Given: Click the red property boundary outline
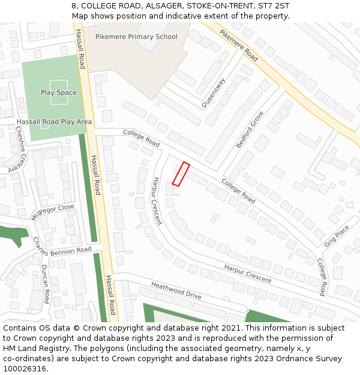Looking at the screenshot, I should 181,174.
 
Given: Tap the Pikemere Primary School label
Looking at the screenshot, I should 136,37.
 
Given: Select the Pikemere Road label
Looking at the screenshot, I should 238,45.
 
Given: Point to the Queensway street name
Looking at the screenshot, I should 214,92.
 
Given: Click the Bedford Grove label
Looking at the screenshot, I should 250,129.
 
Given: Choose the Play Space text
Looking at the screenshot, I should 59,92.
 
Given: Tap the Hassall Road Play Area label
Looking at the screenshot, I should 54,122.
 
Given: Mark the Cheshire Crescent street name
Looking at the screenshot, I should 20,151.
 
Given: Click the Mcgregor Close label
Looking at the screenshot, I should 53,212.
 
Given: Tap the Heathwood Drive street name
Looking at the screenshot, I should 176,290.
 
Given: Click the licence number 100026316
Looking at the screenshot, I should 24,369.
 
